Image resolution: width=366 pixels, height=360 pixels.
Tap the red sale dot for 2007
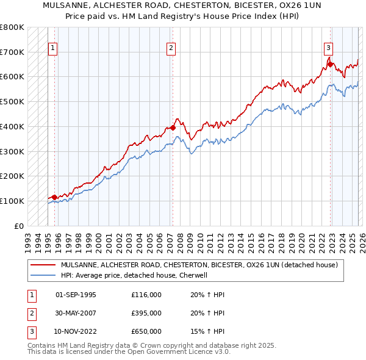click(x=173, y=128)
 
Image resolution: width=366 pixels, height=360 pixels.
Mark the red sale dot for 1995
click(x=54, y=197)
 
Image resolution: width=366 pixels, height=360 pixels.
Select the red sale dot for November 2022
click(x=330, y=64)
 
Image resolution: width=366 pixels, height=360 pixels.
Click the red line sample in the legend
click(x=43, y=265)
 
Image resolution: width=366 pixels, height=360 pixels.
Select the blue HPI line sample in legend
click(x=43, y=275)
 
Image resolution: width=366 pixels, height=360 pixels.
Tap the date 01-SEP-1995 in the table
click(x=76, y=295)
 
